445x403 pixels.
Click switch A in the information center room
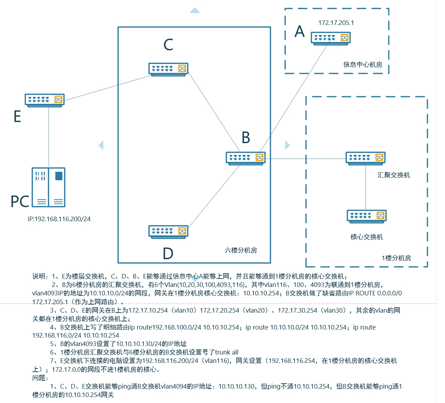(x=330, y=38)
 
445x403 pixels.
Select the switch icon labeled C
(x=168, y=69)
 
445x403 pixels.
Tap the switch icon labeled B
(x=245, y=158)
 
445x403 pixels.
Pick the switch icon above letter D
(x=168, y=231)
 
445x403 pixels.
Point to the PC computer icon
(x=49, y=187)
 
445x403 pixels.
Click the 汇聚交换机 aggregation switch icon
(x=365, y=158)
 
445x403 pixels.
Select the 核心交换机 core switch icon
(x=366, y=216)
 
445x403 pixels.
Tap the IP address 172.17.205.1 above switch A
(x=336, y=23)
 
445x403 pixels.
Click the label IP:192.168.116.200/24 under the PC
(x=59, y=219)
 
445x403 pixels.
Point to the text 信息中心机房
(x=363, y=65)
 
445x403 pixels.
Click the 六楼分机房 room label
(x=241, y=250)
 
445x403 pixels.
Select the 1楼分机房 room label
(x=396, y=258)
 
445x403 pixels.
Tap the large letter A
(x=299, y=32)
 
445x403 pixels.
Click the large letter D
(x=168, y=253)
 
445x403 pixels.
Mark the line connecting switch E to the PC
(x=49, y=137)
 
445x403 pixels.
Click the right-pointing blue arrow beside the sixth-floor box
(x=287, y=145)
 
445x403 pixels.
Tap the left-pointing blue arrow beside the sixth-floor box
(x=101, y=145)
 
